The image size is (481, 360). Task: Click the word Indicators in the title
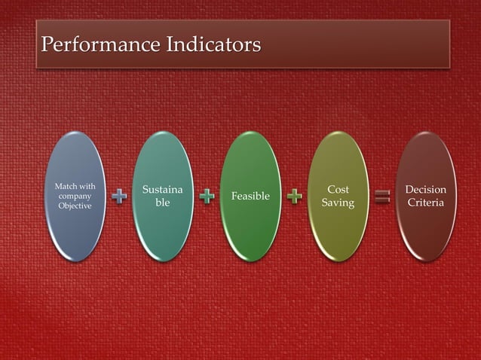pyautogui.click(x=210, y=44)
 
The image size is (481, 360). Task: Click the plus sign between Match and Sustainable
pyautogui.click(x=119, y=197)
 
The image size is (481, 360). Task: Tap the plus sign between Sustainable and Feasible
pyautogui.click(x=207, y=197)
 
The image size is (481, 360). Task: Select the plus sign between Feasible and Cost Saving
pyautogui.click(x=295, y=197)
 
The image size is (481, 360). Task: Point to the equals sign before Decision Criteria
pyautogui.click(x=382, y=197)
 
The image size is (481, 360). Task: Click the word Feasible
pyautogui.click(x=250, y=197)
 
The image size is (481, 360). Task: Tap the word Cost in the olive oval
pyautogui.click(x=338, y=190)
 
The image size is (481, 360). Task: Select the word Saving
pyautogui.click(x=338, y=203)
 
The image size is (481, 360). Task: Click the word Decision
pyautogui.click(x=426, y=190)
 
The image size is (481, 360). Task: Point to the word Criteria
pyautogui.click(x=426, y=203)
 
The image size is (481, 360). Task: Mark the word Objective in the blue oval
pyautogui.click(x=74, y=206)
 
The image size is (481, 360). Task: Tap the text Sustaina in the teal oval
pyautogui.click(x=162, y=190)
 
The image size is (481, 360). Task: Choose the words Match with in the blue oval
pyautogui.click(x=74, y=185)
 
